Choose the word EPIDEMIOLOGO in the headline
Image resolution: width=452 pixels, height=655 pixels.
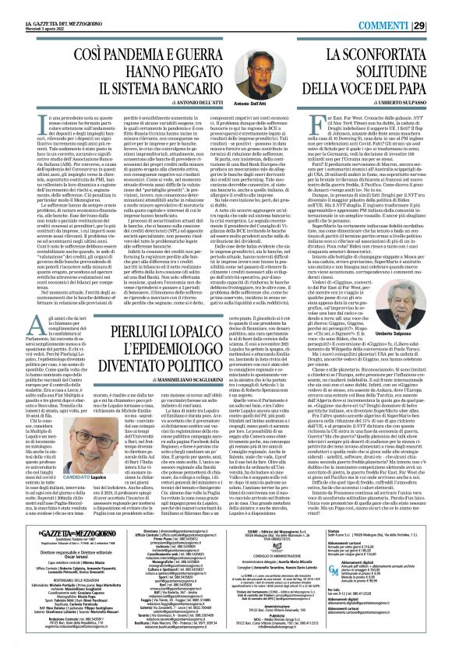[x=190, y=306]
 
